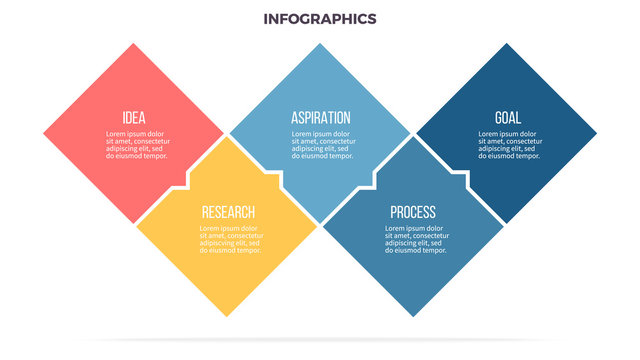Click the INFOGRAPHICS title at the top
tap(320, 18)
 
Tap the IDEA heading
tap(133, 117)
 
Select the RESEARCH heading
tap(228, 212)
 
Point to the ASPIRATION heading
tap(320, 117)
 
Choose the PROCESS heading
tap(412, 212)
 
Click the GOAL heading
tap(507, 117)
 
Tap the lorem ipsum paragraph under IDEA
tap(136, 145)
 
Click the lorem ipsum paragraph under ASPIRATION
tap(322, 145)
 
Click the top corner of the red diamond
tap(133, 45)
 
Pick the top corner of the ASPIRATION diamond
tap(320, 45)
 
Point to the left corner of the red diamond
tap(45, 133)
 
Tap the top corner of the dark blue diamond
tap(506, 45)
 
